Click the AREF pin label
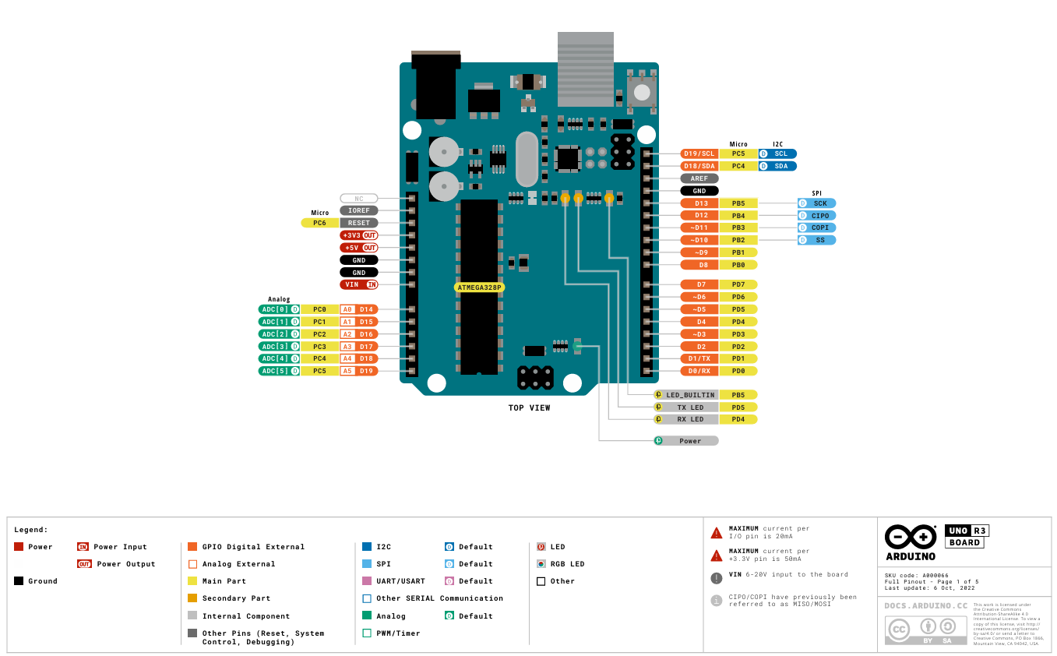coord(699,178)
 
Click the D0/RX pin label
coord(699,371)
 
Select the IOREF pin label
coord(359,210)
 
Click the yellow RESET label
coord(359,223)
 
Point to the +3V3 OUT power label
coord(359,235)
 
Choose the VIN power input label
coord(359,284)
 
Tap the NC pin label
coord(359,199)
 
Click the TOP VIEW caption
coord(529,408)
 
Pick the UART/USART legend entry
coord(400,581)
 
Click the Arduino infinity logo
coord(911,537)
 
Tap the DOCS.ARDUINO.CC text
coord(926,605)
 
